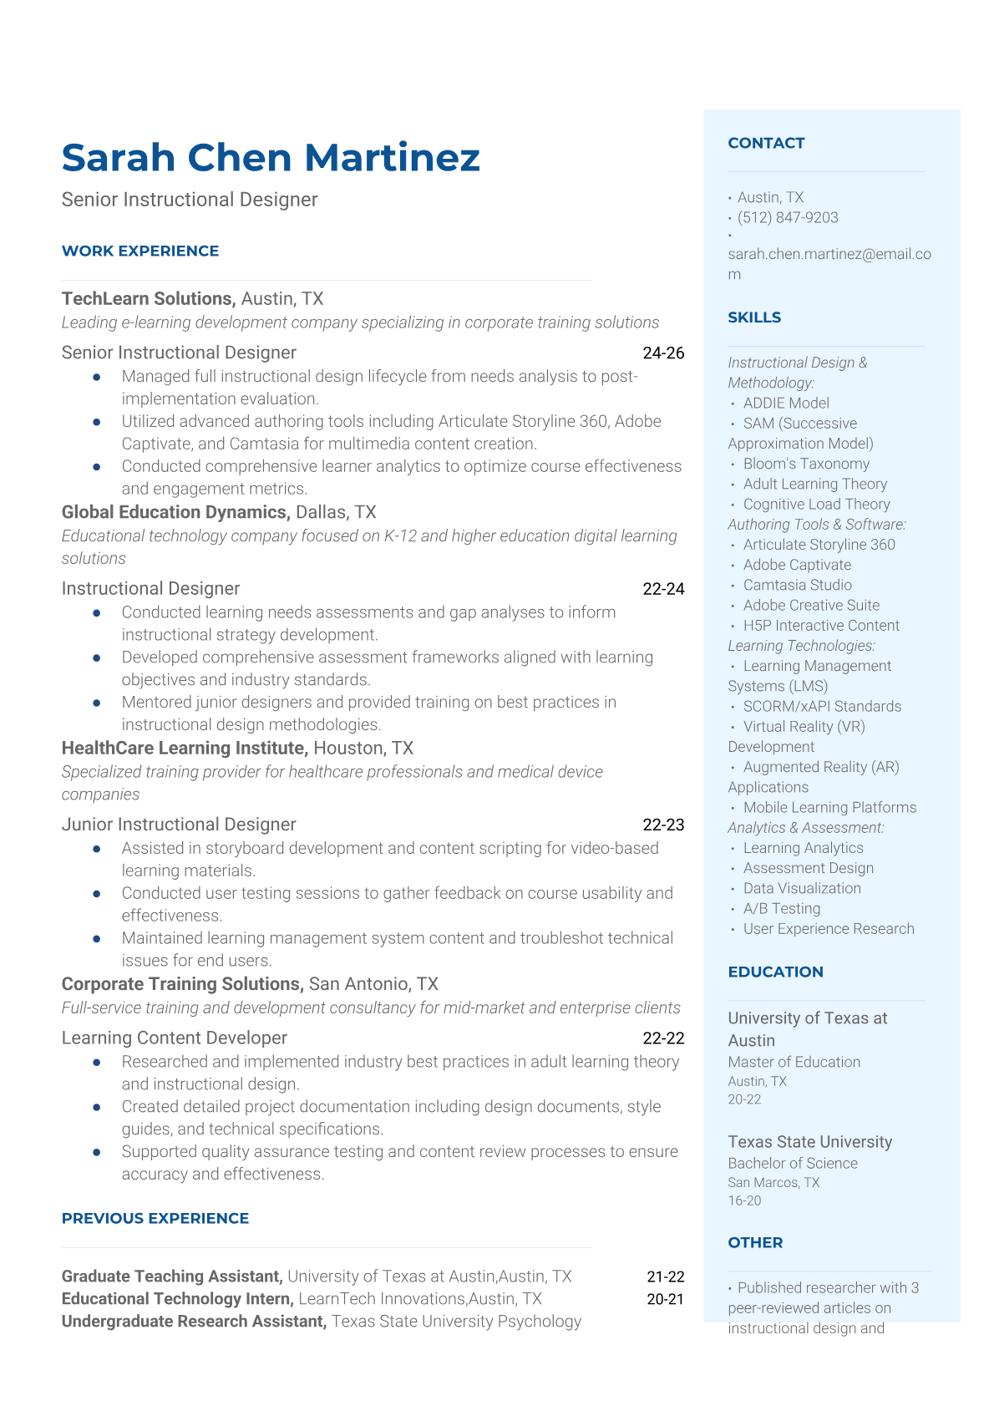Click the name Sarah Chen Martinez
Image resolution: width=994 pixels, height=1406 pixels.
point(271,158)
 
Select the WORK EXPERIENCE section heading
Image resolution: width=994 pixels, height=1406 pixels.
point(140,251)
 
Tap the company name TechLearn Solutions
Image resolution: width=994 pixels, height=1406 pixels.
point(147,299)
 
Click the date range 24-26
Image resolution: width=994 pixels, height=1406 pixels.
point(663,353)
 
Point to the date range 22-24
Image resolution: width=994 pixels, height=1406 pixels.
point(663,589)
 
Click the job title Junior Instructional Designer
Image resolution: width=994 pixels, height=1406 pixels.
point(179,825)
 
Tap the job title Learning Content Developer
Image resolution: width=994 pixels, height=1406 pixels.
point(174,1038)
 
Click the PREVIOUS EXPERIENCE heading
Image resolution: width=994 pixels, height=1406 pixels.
point(155,1218)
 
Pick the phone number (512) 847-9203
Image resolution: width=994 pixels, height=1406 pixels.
point(788,218)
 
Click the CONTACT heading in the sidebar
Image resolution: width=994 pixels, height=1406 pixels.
point(766,143)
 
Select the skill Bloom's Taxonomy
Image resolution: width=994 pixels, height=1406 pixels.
point(806,464)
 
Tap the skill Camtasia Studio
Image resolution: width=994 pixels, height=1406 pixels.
point(798,585)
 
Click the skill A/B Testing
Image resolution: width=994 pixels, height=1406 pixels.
point(782,908)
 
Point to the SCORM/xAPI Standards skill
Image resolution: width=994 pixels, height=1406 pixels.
point(822,706)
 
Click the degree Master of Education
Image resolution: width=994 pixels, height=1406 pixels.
point(794,1062)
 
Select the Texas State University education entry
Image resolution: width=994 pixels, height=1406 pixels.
point(809,1142)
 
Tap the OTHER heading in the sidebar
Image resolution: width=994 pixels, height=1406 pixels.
point(755,1242)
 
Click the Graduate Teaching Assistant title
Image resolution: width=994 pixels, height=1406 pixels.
point(171,1277)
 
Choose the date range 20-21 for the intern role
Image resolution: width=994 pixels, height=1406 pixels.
point(665,1299)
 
